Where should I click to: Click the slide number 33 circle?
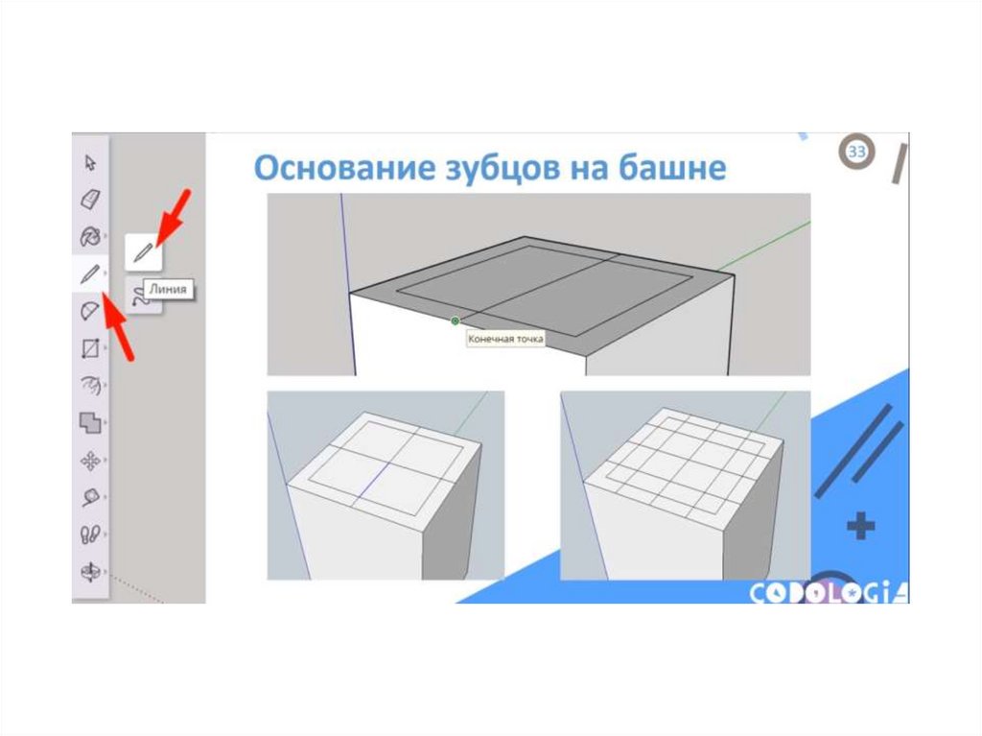856,151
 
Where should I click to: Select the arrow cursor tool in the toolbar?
90,163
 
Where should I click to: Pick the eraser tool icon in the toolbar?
90,200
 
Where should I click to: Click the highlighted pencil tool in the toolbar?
90,273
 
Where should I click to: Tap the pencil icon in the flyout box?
144,252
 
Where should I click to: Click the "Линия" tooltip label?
168,289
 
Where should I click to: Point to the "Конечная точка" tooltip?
505,339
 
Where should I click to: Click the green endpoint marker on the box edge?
456,321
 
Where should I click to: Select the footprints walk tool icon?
90,534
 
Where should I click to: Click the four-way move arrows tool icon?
90,462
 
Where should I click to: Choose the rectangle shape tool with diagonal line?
90,348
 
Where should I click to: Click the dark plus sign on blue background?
860,526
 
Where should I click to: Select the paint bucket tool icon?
90,236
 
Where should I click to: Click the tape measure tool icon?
90,498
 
